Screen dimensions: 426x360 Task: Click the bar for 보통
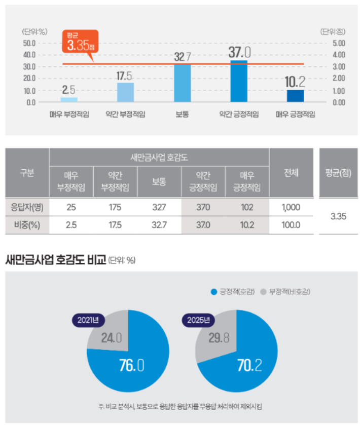(183, 84)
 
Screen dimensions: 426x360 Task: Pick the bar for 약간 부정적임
(125, 93)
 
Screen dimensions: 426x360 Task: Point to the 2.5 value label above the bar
(69, 90)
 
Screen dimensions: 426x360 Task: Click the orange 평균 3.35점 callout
(79, 43)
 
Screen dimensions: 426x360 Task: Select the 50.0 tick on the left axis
(29, 43)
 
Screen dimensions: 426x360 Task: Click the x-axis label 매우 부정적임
(69, 114)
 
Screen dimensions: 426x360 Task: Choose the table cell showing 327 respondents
(159, 207)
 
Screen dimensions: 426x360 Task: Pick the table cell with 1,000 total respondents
(291, 207)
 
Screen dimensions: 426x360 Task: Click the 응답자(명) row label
(27, 207)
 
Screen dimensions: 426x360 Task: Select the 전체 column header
(291, 173)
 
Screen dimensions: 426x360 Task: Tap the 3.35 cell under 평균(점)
(338, 216)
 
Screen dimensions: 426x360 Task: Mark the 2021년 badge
(88, 320)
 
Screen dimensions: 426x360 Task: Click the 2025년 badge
(198, 320)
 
